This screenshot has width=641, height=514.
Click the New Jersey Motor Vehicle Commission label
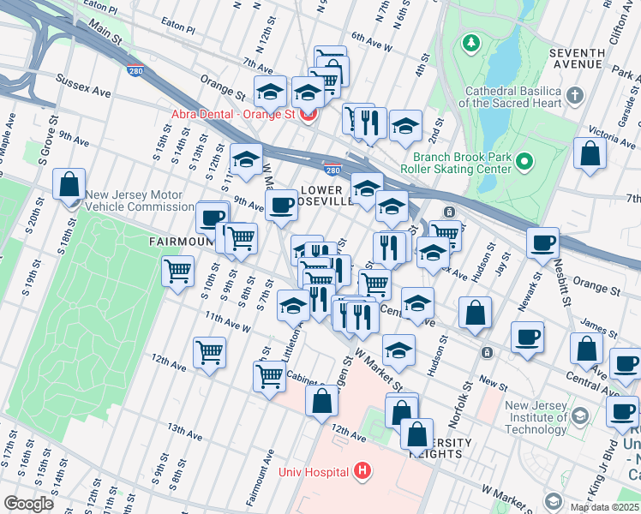pyautogui.click(x=140, y=200)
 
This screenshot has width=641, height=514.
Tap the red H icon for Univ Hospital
pyautogui.click(x=362, y=471)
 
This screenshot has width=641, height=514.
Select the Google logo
pyautogui.click(x=29, y=504)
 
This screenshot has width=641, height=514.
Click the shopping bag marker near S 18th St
pyautogui.click(x=69, y=184)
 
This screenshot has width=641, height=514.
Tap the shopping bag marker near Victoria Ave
pyautogui.click(x=590, y=153)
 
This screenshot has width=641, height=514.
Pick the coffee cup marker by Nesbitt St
pyautogui.click(x=542, y=243)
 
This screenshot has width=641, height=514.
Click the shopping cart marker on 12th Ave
pyautogui.click(x=209, y=351)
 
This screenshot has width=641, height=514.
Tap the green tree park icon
pyautogui.click(x=470, y=42)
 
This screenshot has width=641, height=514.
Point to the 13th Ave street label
pyautogui.click(x=183, y=432)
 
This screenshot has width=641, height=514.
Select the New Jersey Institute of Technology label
pyautogui.click(x=536, y=412)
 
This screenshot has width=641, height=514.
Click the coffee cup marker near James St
pyautogui.click(x=528, y=336)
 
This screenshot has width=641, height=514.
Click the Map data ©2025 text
pyautogui.click(x=603, y=507)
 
